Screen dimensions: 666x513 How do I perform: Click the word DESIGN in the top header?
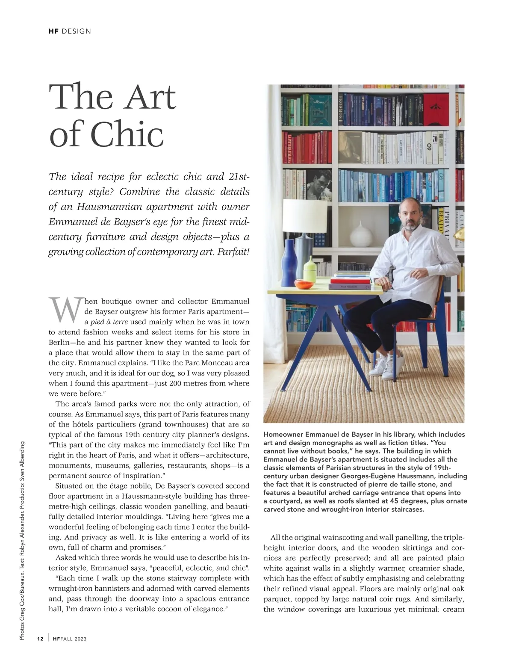coord(77,31)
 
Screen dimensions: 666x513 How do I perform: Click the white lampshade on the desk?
coord(305,216)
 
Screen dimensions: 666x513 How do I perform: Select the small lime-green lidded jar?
coord(309,274)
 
